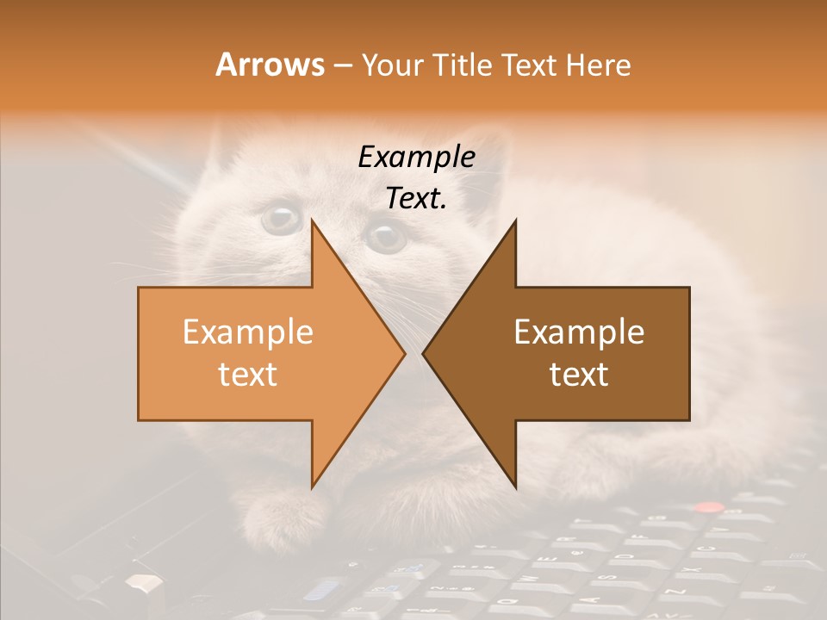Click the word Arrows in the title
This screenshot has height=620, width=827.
(270, 65)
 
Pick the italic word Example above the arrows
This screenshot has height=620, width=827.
(416, 158)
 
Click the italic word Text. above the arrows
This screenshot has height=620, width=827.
(416, 199)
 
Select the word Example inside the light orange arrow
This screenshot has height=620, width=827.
(247, 332)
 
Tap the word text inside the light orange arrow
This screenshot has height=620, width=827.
(247, 375)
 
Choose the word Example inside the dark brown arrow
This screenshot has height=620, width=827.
(579, 332)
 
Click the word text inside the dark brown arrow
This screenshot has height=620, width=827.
(579, 375)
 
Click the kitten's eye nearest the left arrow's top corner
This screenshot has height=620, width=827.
(280, 219)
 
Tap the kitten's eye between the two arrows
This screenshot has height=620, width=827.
(385, 235)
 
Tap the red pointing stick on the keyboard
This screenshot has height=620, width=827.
(708, 508)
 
